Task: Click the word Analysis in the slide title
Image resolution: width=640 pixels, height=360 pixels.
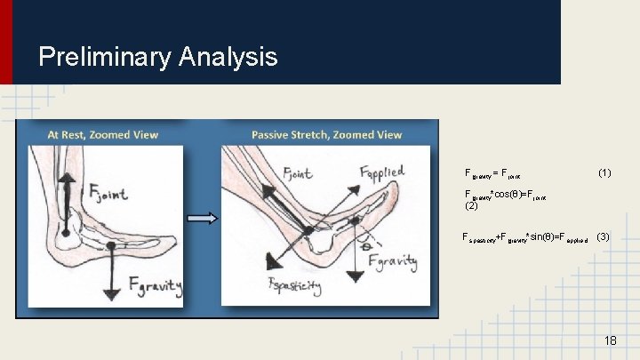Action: pyautogui.click(x=228, y=58)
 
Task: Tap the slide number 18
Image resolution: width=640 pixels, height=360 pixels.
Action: pyautogui.click(x=610, y=341)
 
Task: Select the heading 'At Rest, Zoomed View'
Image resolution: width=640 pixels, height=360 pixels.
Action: pyautogui.click(x=103, y=135)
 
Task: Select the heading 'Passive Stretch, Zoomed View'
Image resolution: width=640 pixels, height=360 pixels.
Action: pyautogui.click(x=326, y=135)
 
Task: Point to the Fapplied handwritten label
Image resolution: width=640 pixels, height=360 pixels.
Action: pyautogui.click(x=380, y=172)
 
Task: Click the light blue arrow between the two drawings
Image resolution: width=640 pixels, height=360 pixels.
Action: pyautogui.click(x=203, y=218)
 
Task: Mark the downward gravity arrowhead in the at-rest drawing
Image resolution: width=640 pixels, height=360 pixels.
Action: pyautogui.click(x=111, y=293)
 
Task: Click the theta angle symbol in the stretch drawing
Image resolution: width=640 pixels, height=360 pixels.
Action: pyautogui.click(x=364, y=242)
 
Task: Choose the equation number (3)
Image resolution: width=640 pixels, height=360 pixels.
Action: pyautogui.click(x=603, y=237)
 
